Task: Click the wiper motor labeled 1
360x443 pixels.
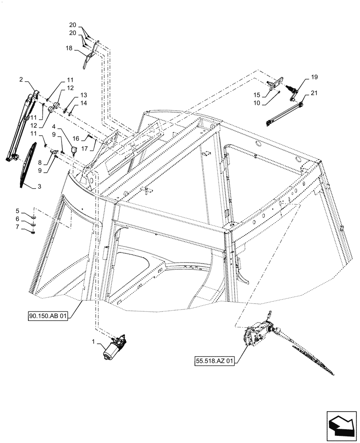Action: [114, 348]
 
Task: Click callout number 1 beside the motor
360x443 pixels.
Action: [93, 342]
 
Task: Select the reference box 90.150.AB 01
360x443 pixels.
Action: [48, 316]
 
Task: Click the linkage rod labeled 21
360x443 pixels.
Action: [284, 114]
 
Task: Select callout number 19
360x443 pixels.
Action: [314, 77]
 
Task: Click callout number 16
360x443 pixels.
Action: [76, 138]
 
